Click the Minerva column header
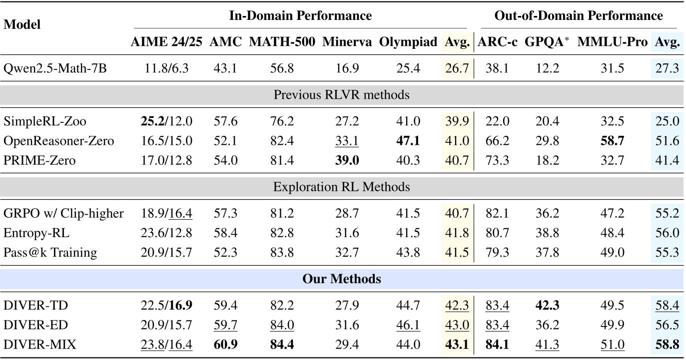pos(347,42)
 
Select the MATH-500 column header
pos(282,42)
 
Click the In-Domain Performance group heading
pos(300,15)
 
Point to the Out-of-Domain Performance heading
pos(579,15)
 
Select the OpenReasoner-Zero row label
pos(58,141)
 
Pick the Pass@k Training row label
pos(50,252)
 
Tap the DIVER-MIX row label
pos(39,344)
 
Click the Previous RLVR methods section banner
pos(342,95)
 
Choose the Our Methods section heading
pos(342,279)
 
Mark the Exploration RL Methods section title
pos(342,187)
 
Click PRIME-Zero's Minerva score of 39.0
pos(347,160)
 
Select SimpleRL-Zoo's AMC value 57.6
pos(225,121)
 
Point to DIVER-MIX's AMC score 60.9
pos(225,344)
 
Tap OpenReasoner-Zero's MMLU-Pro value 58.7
pos(614,141)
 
